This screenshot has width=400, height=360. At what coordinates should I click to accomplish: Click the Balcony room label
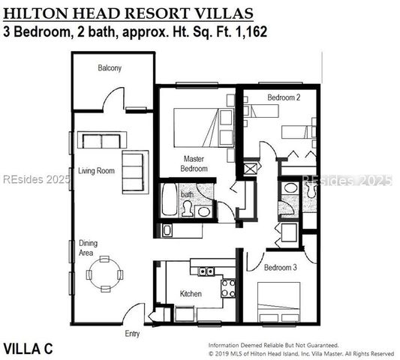pyautogui.click(x=110, y=68)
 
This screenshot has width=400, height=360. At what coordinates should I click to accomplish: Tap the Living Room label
pyautogui.click(x=97, y=171)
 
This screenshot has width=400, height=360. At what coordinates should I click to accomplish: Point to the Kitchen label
pyautogui.click(x=190, y=293)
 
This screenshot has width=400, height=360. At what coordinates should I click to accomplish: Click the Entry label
pyautogui.click(x=132, y=333)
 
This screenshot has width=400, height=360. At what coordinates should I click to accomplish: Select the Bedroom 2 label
pyautogui.click(x=284, y=97)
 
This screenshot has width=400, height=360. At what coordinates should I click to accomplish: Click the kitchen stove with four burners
pyautogui.click(x=227, y=287)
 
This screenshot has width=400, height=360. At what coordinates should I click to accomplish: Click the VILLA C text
pyautogui.click(x=27, y=348)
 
